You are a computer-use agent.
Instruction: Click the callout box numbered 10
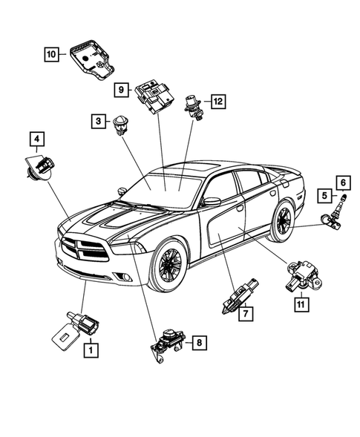(50, 54)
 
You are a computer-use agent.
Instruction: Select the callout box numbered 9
(120, 89)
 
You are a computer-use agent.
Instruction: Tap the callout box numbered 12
(217, 101)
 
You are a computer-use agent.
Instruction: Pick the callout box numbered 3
(98, 119)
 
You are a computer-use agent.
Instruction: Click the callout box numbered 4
(36, 138)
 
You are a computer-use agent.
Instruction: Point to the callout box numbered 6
(342, 181)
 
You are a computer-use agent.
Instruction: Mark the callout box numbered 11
(301, 304)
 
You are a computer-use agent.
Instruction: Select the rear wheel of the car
(283, 222)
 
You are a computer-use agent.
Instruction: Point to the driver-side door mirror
(212, 201)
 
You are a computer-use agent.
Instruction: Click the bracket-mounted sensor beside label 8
(168, 342)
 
